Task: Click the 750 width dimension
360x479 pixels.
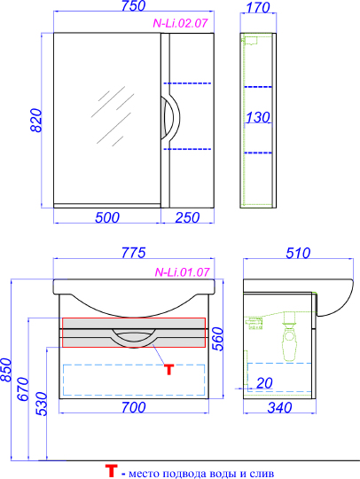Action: click(133, 6)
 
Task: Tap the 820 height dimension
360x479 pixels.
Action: click(36, 120)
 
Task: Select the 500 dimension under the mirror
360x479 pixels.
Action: click(107, 217)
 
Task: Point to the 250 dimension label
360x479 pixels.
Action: click(187, 217)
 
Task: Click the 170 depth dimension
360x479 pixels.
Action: click(258, 8)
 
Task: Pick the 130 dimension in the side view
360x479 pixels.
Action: click(258, 117)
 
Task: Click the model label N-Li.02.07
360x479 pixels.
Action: click(181, 23)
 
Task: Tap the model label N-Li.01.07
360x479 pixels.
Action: click(183, 272)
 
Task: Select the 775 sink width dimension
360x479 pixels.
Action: click(134, 253)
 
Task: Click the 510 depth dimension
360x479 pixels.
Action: click(298, 253)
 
